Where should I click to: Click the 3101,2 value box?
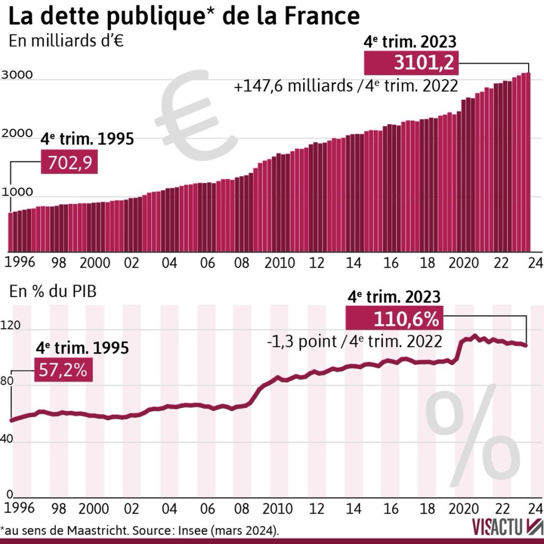point(410,63)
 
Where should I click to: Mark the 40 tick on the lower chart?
point(11,440)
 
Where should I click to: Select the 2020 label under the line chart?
point(464,506)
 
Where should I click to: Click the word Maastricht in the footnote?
point(92,531)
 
